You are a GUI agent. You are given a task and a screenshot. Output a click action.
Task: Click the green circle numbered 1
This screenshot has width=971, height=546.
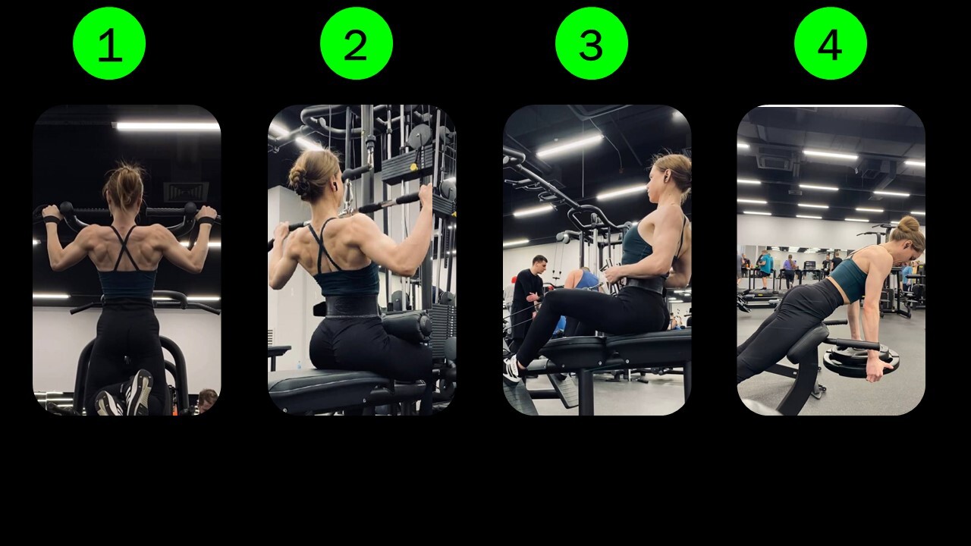coord(109,43)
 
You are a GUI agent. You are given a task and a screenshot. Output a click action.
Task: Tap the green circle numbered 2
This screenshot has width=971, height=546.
coord(357,43)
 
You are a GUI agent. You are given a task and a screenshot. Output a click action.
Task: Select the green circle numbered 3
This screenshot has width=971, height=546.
coord(592,43)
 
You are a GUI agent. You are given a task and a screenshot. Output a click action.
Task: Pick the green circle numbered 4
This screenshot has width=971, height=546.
coord(831,43)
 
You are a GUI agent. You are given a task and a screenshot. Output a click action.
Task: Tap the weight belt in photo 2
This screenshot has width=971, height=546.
coord(352,305)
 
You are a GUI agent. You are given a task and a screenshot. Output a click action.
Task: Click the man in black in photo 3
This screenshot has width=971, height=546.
coord(527,299)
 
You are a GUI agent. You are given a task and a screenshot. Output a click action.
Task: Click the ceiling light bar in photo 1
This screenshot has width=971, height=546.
coord(168,126)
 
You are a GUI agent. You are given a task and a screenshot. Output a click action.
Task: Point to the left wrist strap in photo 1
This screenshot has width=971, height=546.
coord(51,219)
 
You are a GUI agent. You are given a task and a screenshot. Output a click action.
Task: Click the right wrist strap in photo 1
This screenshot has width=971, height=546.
coord(206,221)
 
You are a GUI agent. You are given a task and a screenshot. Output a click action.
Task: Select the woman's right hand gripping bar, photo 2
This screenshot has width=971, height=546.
coord(426,196)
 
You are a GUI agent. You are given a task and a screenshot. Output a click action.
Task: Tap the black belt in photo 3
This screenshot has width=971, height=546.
coord(645,284)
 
